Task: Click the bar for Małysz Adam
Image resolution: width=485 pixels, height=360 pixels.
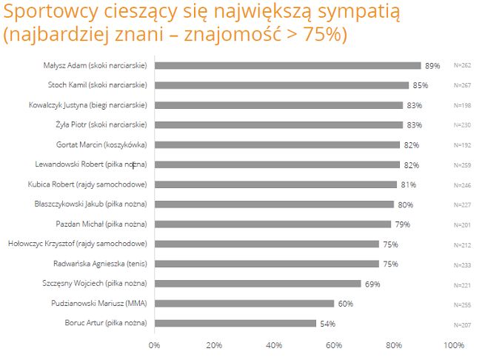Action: (x=287, y=65)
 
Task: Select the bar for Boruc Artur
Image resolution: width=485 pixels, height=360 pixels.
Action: (x=235, y=323)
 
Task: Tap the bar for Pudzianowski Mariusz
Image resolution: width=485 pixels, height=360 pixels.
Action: (x=244, y=303)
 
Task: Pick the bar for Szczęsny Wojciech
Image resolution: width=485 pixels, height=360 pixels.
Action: (x=258, y=283)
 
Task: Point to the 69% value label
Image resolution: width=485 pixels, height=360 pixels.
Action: (x=372, y=284)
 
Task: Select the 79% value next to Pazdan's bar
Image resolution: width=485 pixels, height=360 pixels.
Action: (x=402, y=224)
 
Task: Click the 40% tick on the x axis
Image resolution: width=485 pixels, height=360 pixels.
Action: (x=274, y=345)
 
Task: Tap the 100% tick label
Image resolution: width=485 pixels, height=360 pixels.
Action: (x=453, y=345)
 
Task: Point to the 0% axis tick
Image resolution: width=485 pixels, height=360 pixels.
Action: (x=155, y=345)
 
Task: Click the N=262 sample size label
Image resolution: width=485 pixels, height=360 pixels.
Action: (x=463, y=66)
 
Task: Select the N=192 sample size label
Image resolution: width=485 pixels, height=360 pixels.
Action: (x=463, y=145)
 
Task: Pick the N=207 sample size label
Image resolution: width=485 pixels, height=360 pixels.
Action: (x=463, y=324)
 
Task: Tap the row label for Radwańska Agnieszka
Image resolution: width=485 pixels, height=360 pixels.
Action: (x=100, y=263)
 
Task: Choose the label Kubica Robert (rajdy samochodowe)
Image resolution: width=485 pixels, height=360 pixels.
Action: (x=91, y=184)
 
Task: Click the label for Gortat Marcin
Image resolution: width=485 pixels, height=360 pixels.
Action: (x=101, y=144)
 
